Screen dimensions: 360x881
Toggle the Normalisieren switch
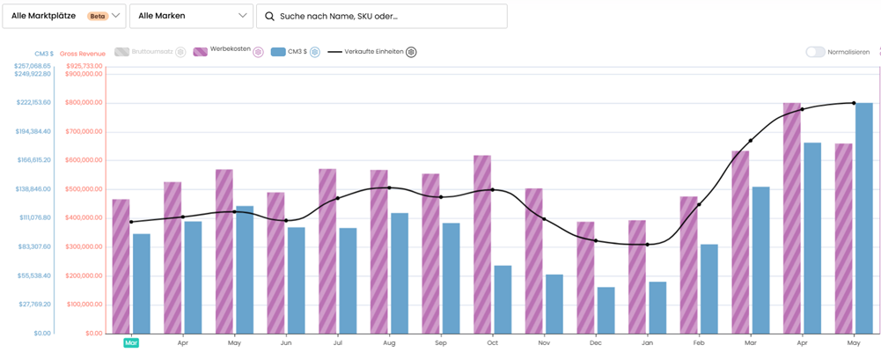[815, 52]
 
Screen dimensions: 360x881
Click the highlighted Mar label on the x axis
[131, 343]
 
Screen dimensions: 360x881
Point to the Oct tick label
[493, 343]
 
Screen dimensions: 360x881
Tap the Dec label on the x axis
[596, 343]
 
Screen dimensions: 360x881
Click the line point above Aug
[389, 187]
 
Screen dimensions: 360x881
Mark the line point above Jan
[647, 245]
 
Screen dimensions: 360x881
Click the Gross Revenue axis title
[82, 55]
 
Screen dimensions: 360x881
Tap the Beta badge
[98, 16]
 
